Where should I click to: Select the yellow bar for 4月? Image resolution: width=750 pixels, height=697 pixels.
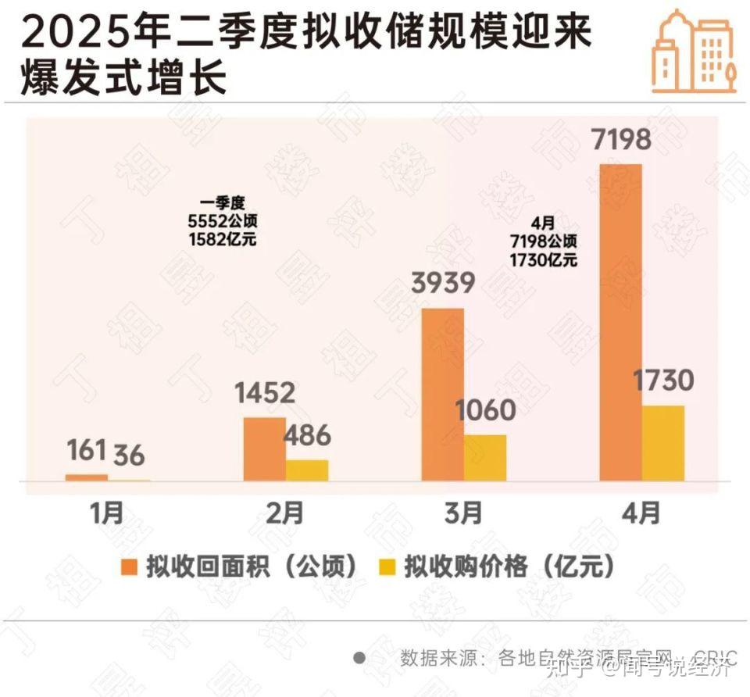[x=662, y=443]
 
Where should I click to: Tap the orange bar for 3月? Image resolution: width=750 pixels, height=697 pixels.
[x=442, y=394]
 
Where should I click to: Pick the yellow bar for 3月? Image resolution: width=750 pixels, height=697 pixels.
[x=484, y=458]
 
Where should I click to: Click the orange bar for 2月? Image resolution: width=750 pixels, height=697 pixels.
[x=264, y=449]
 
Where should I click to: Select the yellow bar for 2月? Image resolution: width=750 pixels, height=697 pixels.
[x=307, y=470]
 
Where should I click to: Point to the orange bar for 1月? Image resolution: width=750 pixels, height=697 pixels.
[x=86, y=477]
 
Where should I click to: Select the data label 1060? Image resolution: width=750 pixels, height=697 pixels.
[x=485, y=410]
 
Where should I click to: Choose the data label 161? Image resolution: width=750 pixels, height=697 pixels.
[x=86, y=450]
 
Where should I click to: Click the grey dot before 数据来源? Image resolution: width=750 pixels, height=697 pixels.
[x=359, y=657]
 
